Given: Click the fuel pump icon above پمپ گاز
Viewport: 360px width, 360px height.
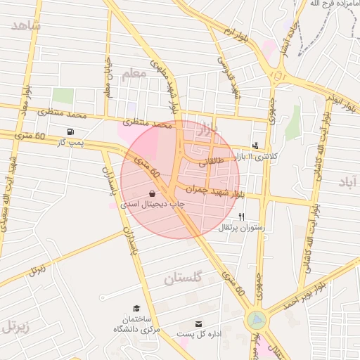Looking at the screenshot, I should (x=70, y=131).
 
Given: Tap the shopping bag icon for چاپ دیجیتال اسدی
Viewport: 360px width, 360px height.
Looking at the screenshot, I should (x=153, y=193).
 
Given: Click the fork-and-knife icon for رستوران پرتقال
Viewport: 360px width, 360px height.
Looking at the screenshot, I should (x=242, y=217).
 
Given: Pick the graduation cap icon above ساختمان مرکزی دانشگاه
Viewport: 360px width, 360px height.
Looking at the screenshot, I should (x=136, y=309).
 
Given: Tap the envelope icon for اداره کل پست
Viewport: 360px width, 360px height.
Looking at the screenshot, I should (x=199, y=324).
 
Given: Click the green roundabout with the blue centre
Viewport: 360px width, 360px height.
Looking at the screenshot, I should (x=257, y=321).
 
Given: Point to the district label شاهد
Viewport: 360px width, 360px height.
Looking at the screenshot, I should (x=26, y=26).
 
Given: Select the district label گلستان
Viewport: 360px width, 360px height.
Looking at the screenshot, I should (x=183, y=278).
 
